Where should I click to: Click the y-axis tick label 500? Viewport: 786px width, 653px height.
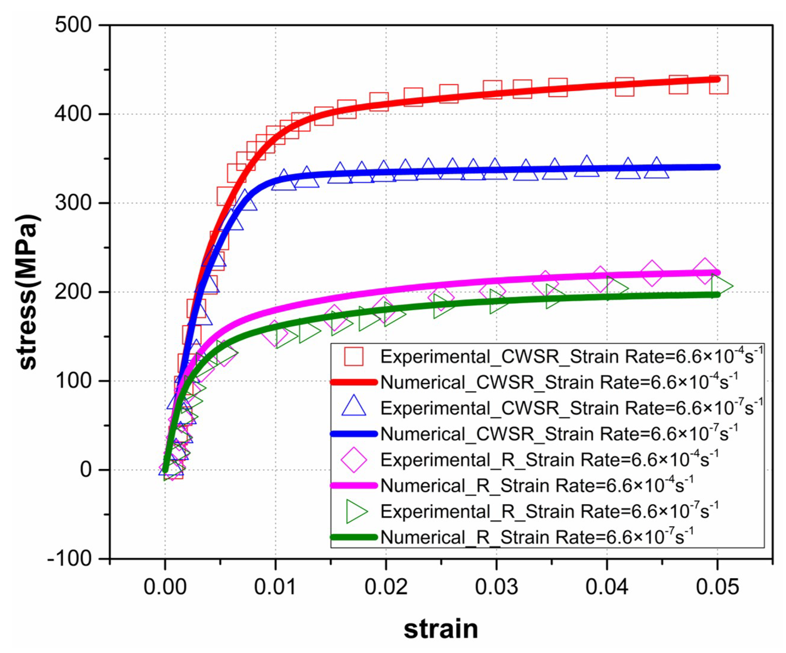[x=73, y=26]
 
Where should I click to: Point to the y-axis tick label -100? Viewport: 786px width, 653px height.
[x=69, y=559]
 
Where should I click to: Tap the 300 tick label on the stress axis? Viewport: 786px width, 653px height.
[x=73, y=203]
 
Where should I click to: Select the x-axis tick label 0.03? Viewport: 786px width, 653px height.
[x=496, y=587]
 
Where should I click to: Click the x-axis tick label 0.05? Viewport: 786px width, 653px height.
[x=717, y=587]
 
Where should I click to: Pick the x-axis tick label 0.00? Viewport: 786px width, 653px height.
[x=165, y=587]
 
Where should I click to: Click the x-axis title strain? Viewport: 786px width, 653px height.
[x=441, y=629]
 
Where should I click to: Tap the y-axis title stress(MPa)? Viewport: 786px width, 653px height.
[x=28, y=292]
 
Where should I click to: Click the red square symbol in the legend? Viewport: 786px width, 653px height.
[x=354, y=356]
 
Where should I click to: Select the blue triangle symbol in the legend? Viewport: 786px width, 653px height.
[x=354, y=408]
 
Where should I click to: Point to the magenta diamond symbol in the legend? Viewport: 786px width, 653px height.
[x=354, y=460]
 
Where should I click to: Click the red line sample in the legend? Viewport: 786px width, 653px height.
[x=354, y=382]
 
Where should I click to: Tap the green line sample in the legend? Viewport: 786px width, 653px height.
[x=354, y=537]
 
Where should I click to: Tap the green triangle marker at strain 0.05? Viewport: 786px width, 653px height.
[x=720, y=286]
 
